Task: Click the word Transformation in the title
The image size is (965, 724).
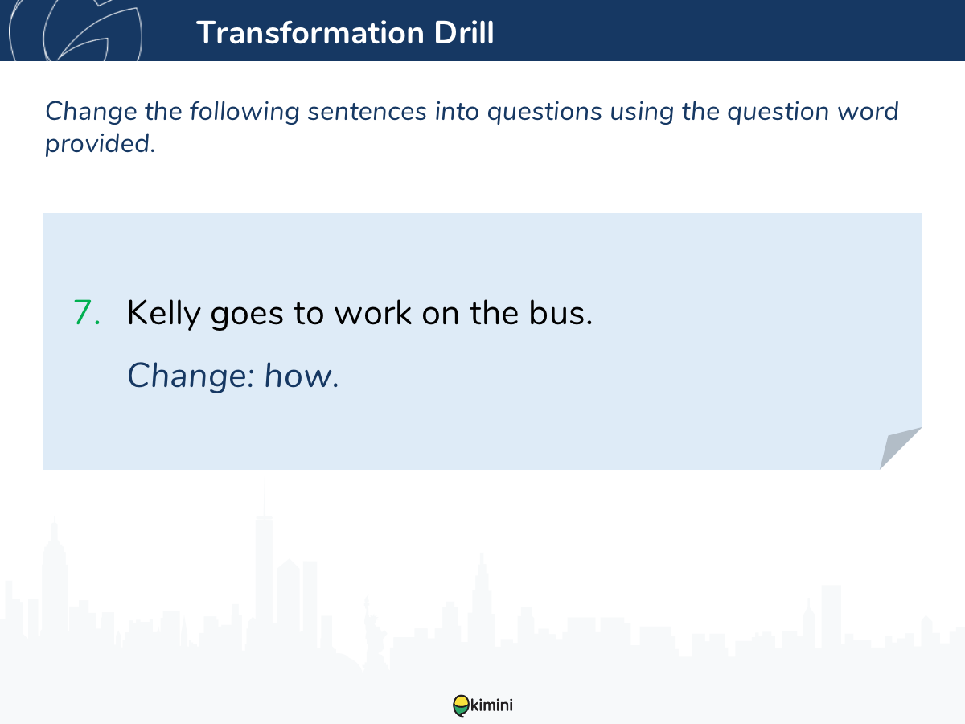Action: pos(310,32)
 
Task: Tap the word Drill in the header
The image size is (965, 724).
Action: pos(464,32)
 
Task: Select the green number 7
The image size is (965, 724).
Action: pos(87,313)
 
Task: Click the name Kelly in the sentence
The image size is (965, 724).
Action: pos(163,314)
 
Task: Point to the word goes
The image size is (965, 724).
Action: pos(247,315)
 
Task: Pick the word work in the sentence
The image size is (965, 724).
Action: pos(373,313)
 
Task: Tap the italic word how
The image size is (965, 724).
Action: pos(301,376)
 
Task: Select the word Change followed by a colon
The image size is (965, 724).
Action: pos(191,376)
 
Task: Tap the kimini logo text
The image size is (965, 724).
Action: pos(491,705)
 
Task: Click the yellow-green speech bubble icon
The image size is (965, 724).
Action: pos(461,705)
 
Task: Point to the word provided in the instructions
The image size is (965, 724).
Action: pos(100,145)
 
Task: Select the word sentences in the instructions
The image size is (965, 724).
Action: pos(367,111)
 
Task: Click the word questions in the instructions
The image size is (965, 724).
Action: pos(544,113)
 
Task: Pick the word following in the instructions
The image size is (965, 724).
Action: pos(244,113)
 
